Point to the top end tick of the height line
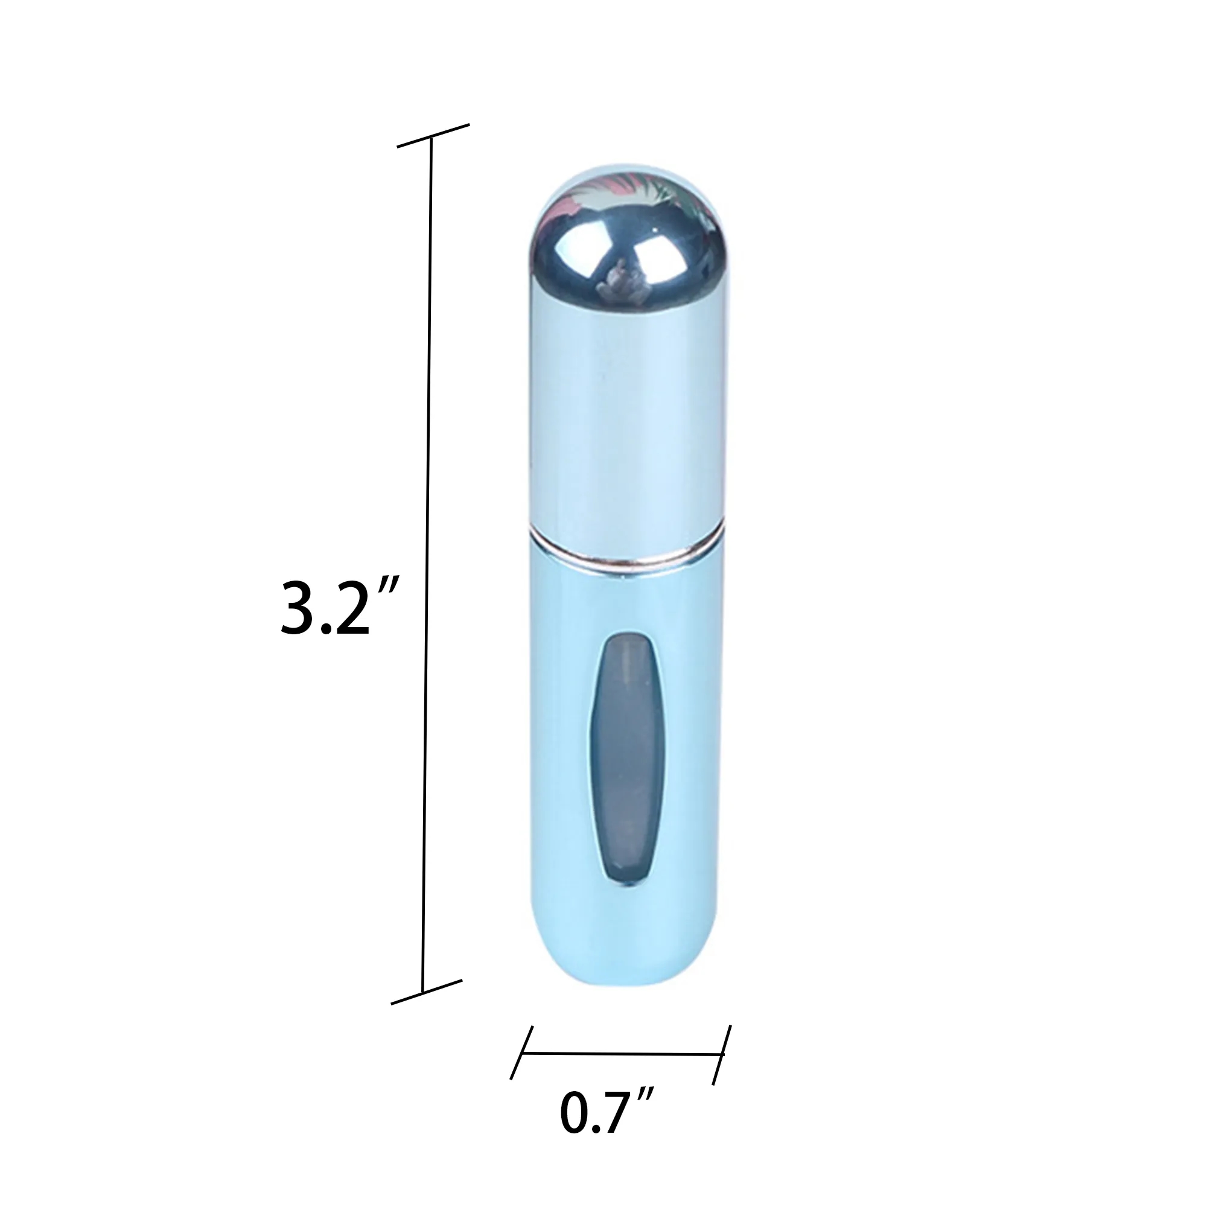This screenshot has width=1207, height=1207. tap(433, 136)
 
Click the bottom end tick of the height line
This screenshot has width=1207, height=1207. tap(426, 992)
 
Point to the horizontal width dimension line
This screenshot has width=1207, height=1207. tap(622, 1053)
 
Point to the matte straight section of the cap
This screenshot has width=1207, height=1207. tap(625, 425)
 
